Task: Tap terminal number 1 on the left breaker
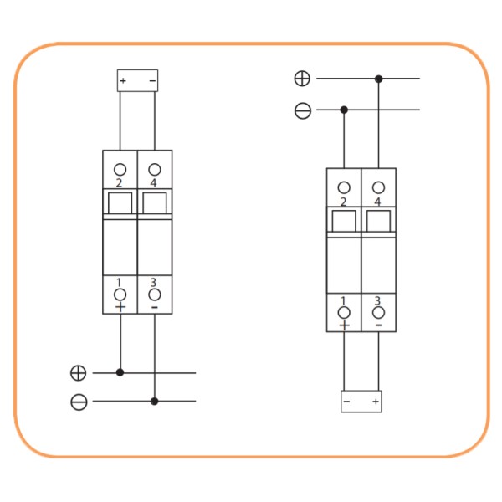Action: click(120, 295)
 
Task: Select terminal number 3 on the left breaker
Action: click(155, 295)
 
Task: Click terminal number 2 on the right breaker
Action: click(344, 187)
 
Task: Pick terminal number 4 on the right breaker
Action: click(379, 187)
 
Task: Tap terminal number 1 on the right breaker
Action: click(344, 312)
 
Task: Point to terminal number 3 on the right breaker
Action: click(379, 312)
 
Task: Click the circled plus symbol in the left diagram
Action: click(79, 372)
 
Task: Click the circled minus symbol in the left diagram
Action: click(79, 402)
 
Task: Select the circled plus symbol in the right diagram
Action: click(302, 79)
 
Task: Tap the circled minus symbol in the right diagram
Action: click(302, 110)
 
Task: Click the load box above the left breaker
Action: click(137, 80)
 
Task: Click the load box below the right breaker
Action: click(361, 402)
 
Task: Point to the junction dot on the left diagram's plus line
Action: click(120, 372)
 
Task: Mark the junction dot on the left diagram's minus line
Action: click(155, 402)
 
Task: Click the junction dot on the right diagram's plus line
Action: click(379, 79)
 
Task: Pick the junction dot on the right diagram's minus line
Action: click(344, 110)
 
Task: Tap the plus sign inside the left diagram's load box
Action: click(123, 81)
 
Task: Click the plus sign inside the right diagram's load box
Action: click(376, 402)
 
